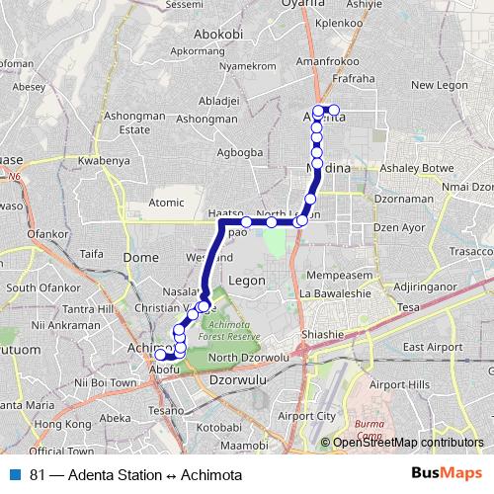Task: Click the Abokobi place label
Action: point(219,33)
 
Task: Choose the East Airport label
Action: point(432,347)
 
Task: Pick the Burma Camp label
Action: point(370,430)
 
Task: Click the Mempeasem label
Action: point(338,273)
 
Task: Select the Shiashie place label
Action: point(323,334)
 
